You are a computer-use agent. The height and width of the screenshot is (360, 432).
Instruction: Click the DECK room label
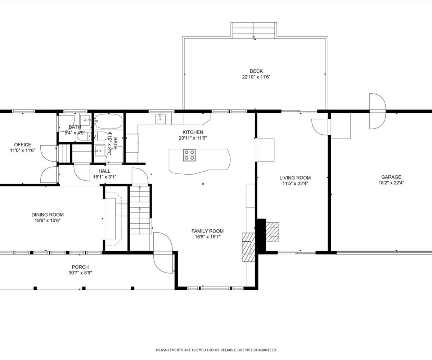point(256,71)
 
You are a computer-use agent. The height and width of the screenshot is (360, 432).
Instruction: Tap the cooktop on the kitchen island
point(189,155)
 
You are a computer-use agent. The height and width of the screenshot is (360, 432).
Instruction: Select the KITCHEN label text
point(193,132)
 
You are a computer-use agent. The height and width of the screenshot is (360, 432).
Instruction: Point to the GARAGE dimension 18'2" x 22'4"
point(391,183)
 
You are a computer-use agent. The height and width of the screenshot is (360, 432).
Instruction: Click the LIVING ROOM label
point(295,178)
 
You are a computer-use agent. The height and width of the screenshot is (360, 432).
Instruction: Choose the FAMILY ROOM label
point(207,231)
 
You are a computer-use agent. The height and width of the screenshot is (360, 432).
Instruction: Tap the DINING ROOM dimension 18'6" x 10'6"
point(48,221)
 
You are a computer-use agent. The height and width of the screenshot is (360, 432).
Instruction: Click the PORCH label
point(80,267)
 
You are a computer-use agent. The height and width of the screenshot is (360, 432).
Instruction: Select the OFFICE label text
point(23,145)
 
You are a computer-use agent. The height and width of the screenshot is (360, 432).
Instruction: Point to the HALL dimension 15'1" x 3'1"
point(104,177)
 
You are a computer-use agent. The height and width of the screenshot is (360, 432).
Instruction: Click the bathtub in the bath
point(108,121)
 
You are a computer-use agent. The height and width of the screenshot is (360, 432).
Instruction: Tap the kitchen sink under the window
point(160,119)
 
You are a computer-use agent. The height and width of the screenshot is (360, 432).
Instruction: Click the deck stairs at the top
point(254,30)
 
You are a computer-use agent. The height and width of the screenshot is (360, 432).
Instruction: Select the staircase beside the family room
point(140,210)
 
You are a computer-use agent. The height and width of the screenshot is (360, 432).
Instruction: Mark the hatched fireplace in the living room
point(272,232)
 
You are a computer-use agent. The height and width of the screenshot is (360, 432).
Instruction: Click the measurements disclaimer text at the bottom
point(216,350)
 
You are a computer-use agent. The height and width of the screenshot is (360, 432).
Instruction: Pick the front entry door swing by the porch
point(163,253)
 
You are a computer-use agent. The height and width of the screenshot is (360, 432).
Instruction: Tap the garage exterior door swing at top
point(378,111)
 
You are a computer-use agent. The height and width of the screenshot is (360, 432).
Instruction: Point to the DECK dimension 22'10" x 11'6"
point(256,77)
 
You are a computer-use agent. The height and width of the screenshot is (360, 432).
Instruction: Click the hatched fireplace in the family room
point(248,247)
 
